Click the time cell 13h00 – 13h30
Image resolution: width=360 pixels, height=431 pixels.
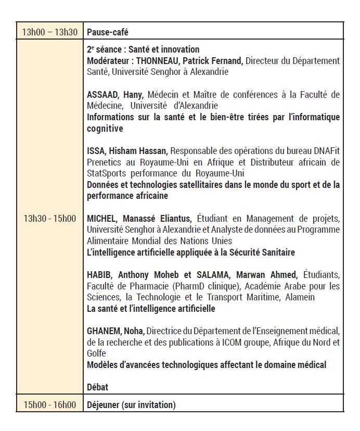click(49, 32)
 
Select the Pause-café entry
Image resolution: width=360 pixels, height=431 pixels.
click(108, 32)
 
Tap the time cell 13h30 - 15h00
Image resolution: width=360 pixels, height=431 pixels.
click(49, 218)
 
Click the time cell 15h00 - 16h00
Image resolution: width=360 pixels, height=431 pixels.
click(49, 404)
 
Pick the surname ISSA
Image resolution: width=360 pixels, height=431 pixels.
click(96, 151)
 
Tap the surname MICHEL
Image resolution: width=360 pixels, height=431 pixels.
click(101, 219)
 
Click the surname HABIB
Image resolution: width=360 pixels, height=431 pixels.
click(100, 275)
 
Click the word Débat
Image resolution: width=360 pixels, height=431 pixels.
click(98, 387)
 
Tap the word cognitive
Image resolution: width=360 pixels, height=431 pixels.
click(105, 129)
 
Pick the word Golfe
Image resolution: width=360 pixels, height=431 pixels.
click(96, 353)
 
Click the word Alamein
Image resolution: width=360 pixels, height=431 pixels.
click(299, 297)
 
